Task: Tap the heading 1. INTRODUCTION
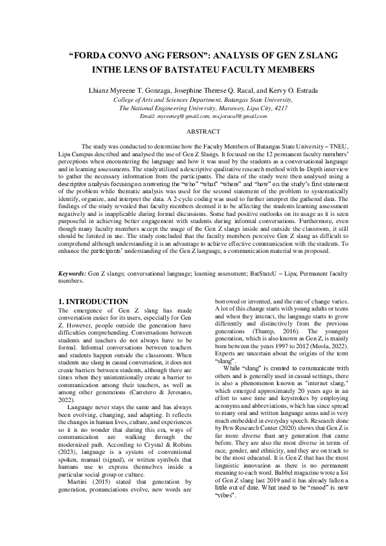93,302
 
